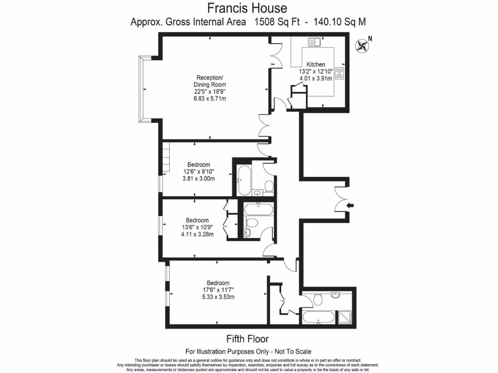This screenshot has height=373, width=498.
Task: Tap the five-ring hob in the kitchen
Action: [340, 73]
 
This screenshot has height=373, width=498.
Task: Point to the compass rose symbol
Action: [362, 46]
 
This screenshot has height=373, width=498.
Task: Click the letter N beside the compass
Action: [370, 38]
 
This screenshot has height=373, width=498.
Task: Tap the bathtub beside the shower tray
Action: [318, 318]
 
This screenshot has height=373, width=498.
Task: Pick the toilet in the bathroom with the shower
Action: [318, 299]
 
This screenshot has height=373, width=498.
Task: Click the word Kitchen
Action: [316, 65]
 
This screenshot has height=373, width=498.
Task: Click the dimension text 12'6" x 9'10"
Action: [199, 171]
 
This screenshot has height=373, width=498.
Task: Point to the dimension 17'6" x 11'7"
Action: [218, 290]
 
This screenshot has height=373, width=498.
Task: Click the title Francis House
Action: [247, 8]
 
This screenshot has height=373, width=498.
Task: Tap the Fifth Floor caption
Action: [248, 339]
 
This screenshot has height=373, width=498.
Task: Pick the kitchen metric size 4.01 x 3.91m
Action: [316, 78]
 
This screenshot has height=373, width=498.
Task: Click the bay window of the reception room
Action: [142, 88]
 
